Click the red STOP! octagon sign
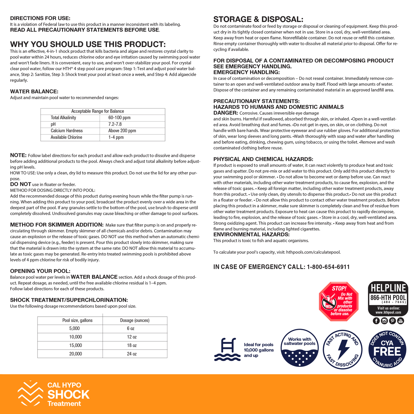(339, 301)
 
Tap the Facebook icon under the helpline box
(376, 321)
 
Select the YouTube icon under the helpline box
(401, 321)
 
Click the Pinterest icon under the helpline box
(393, 321)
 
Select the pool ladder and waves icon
(227, 349)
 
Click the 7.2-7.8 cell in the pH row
(115, 124)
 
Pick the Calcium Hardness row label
(67, 131)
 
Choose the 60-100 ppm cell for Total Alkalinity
(119, 118)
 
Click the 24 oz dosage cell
(132, 354)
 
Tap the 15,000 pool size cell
(76, 346)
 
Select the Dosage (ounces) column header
(135, 320)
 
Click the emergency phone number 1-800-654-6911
(328, 267)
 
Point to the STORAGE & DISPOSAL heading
(258, 19)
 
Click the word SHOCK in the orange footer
(68, 395)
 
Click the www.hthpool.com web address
(388, 312)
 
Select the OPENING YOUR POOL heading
(40, 271)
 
